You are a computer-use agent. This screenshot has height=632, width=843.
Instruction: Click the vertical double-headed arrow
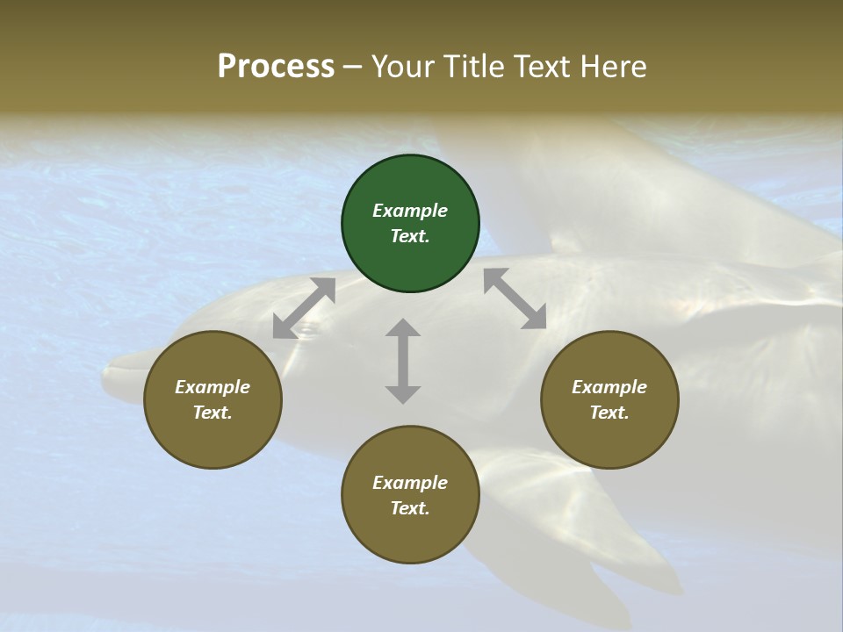403,361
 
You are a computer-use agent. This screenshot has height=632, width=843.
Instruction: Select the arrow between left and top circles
304,308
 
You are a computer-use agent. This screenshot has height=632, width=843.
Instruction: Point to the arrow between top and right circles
515,298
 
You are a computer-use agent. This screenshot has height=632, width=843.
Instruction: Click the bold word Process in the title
276,66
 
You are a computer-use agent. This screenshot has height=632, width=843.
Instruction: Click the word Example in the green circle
410,211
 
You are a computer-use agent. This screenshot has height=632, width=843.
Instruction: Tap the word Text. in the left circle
213,413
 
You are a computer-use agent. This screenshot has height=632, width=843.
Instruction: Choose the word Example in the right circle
609,387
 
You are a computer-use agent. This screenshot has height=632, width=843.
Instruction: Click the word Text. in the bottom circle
410,508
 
